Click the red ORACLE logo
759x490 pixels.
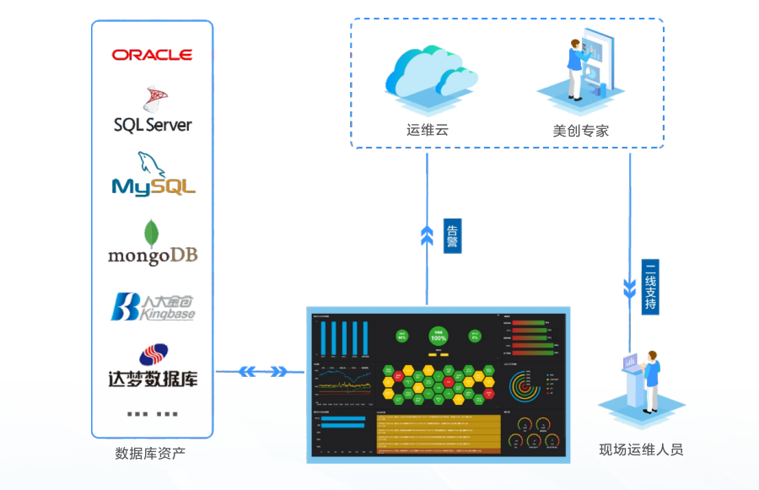(x=152, y=55)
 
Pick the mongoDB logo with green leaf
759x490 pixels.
(x=153, y=244)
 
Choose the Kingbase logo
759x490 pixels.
(x=153, y=307)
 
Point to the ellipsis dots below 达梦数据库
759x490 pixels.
(x=153, y=414)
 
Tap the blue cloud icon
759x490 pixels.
(x=426, y=73)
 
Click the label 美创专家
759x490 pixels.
(x=581, y=131)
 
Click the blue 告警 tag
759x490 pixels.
(x=452, y=237)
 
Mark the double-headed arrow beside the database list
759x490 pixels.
(x=262, y=371)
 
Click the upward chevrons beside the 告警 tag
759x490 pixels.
(x=427, y=237)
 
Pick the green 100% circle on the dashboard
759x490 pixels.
(x=439, y=337)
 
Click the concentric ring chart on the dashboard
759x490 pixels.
(x=523, y=387)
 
